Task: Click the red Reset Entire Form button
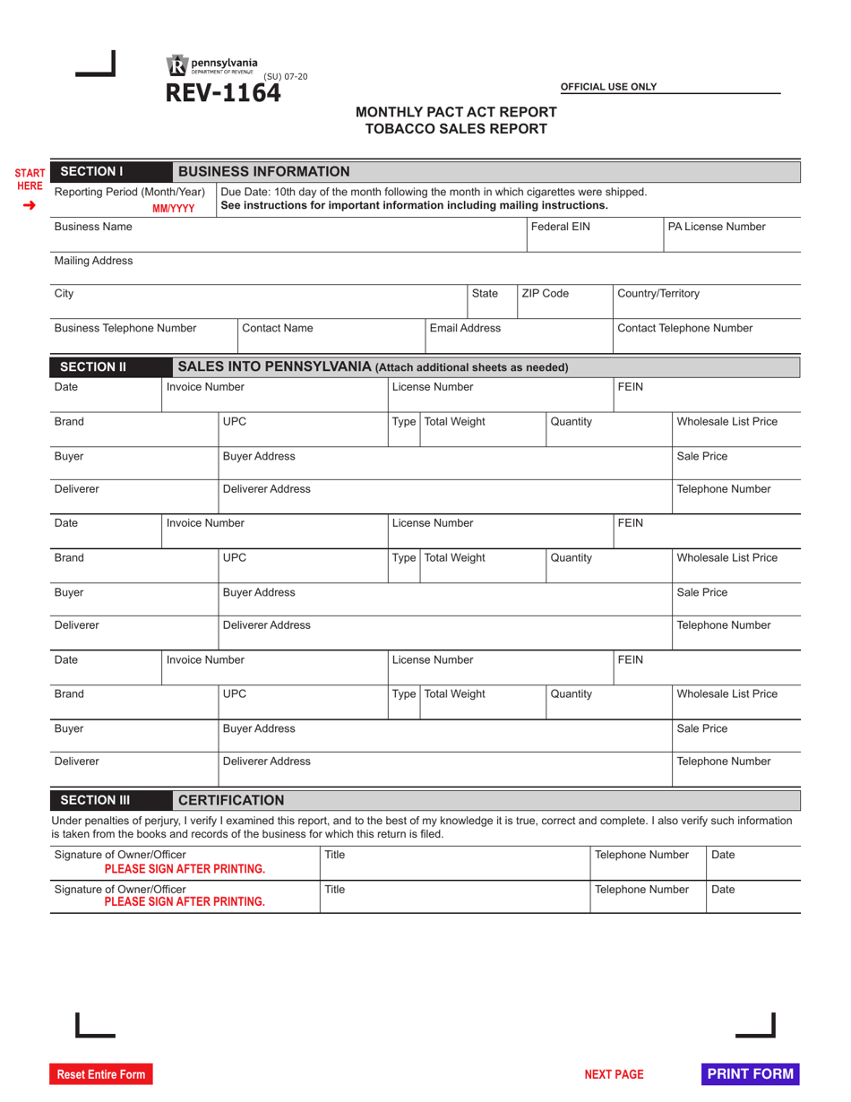click(x=100, y=1074)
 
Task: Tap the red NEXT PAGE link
click(x=614, y=1074)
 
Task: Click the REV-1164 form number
click(x=221, y=93)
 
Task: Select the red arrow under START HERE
click(x=29, y=205)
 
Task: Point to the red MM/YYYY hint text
click(x=173, y=209)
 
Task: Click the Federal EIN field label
click(x=561, y=227)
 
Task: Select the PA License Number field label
click(x=717, y=227)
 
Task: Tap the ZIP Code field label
click(x=545, y=293)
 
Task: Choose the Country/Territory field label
click(x=658, y=293)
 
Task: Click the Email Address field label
click(x=465, y=328)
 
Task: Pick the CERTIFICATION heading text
click(x=231, y=800)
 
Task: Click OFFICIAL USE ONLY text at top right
click(x=608, y=87)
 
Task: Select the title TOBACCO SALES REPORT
click(x=456, y=128)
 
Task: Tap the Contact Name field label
click(x=278, y=328)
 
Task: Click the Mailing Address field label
click(x=93, y=261)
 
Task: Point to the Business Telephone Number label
click(x=125, y=328)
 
